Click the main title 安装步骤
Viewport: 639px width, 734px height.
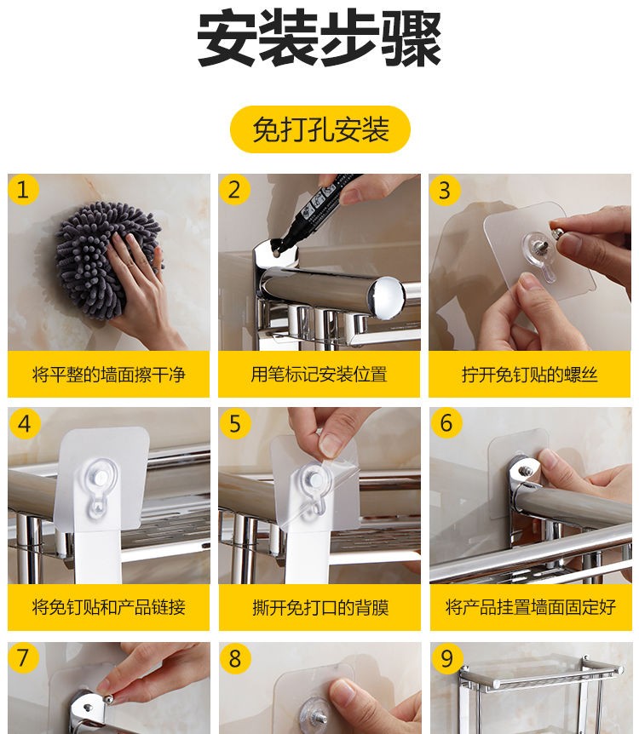(x=319, y=38)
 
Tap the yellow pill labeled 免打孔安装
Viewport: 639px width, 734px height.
(x=320, y=129)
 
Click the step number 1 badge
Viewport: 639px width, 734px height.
(x=22, y=190)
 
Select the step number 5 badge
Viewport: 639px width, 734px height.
(x=234, y=424)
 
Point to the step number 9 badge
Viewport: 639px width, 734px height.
(x=446, y=658)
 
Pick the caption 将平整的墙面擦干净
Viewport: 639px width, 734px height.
(x=109, y=375)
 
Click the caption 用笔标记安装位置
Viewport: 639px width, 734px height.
(x=319, y=375)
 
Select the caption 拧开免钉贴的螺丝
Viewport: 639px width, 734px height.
(x=530, y=375)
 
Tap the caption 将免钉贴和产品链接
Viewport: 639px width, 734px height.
(x=109, y=607)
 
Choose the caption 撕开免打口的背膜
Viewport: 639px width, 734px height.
(x=320, y=608)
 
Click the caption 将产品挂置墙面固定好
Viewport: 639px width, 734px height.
(x=531, y=607)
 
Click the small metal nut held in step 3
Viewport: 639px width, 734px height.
(x=556, y=234)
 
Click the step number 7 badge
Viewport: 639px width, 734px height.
(x=22, y=657)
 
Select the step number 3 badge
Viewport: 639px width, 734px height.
(x=445, y=190)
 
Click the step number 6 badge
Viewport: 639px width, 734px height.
(x=446, y=423)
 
